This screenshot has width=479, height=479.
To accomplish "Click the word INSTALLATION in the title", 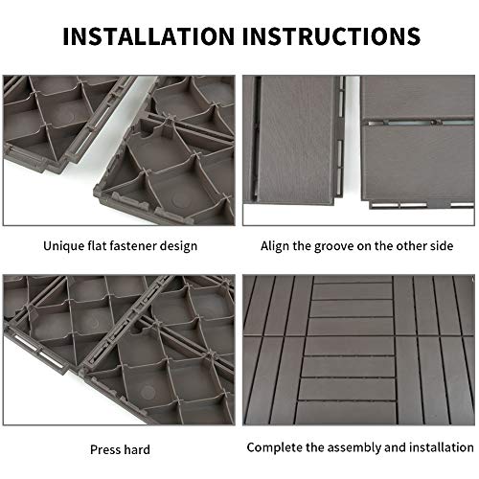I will point(151,35).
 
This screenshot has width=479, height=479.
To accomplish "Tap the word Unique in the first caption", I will point(63,246).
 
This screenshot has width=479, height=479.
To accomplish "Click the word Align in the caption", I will point(278,246).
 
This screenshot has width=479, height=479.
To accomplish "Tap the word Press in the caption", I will point(106,448).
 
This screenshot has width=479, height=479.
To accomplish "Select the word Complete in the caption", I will point(275,447).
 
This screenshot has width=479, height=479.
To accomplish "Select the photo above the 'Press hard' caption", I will point(118,350).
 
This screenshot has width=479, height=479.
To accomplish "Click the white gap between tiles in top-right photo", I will point(352,144).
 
